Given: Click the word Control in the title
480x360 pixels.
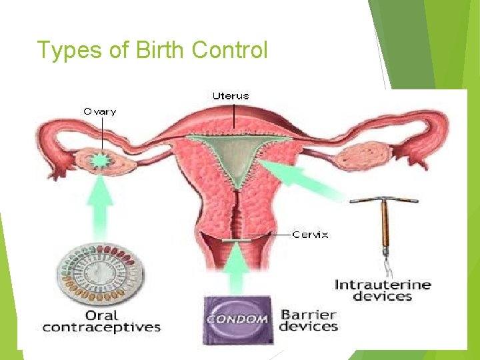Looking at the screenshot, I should [x=229, y=50].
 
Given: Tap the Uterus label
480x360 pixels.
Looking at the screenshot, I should [x=231, y=96].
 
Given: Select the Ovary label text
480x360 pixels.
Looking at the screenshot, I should [x=99, y=112].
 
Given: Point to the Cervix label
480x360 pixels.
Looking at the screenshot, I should [x=311, y=235].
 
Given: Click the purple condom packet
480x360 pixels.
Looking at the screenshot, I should [x=238, y=318].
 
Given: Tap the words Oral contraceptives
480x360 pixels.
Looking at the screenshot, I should [x=101, y=321].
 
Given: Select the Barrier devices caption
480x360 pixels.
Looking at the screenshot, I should [x=309, y=321].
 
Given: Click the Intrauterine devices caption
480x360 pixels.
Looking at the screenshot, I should [x=383, y=290].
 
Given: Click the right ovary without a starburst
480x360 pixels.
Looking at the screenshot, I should [x=359, y=157].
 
